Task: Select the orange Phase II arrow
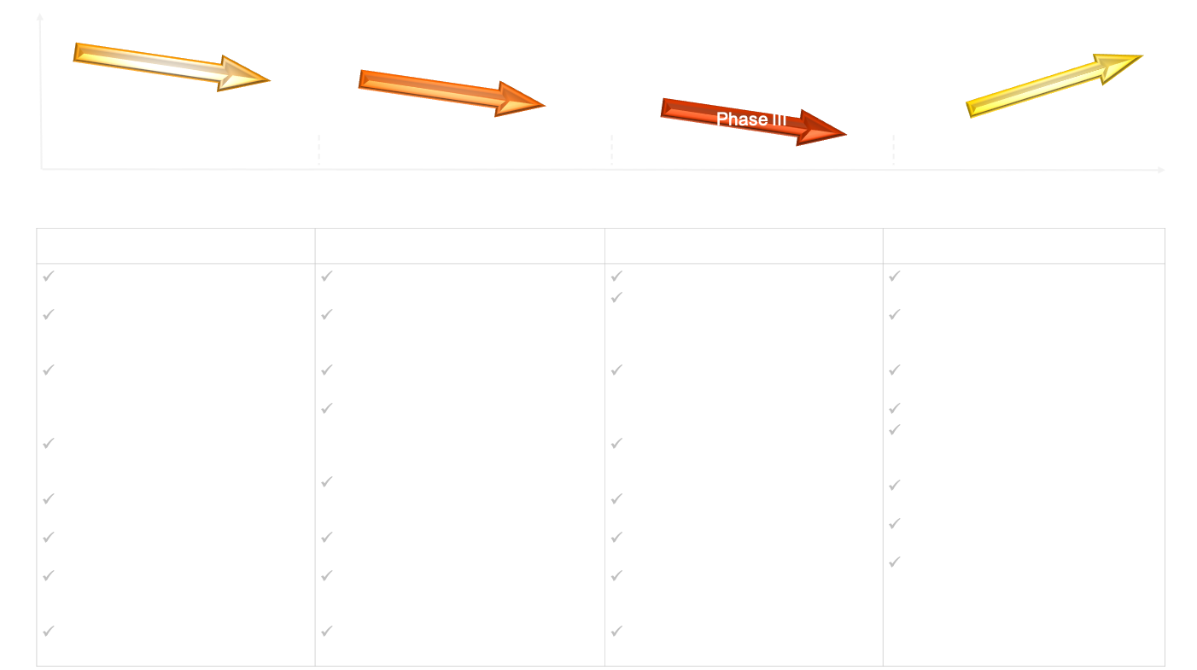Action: pos(451,91)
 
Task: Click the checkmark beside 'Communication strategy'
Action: pos(896,562)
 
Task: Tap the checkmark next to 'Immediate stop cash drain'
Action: pos(617,277)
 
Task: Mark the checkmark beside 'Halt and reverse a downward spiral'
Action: pos(50,277)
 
